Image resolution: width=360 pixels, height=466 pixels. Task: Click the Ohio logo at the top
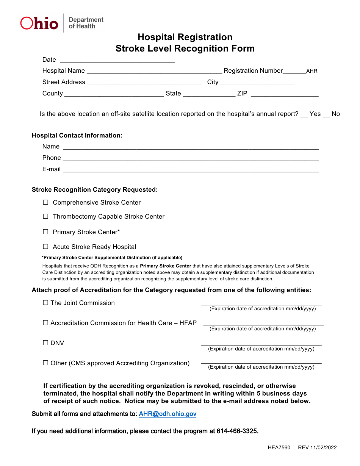pyautogui.click(x=39, y=23)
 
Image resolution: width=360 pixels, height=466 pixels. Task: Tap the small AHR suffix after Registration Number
pyautogui.click(x=311, y=71)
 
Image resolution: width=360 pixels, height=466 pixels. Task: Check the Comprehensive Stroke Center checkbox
pyautogui.click(x=45, y=202)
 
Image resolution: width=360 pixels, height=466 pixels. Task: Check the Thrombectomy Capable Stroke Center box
pyautogui.click(x=45, y=216)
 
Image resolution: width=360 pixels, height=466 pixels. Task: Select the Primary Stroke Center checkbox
pyautogui.click(x=45, y=232)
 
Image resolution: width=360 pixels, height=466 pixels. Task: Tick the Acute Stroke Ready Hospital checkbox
pyautogui.click(x=45, y=247)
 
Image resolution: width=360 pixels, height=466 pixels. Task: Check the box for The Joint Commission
pyautogui.click(x=45, y=303)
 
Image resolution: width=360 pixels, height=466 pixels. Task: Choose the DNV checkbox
pyautogui.click(x=45, y=343)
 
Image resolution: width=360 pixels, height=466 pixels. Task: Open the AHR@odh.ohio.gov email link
pyautogui.click(x=167, y=414)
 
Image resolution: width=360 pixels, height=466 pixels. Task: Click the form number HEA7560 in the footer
pyautogui.click(x=279, y=448)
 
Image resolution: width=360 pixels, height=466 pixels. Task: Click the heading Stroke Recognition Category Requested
pyautogui.click(x=95, y=190)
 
